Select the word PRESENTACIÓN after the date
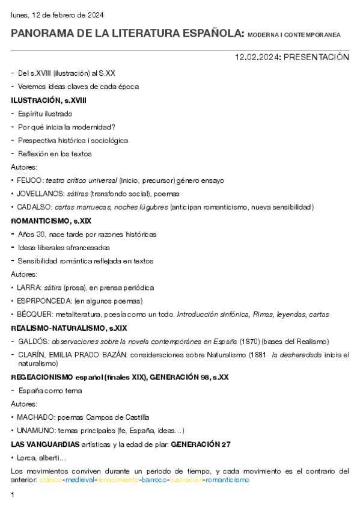pos(316,57)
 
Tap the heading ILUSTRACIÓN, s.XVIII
pos(49,100)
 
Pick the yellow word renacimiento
pos(118,481)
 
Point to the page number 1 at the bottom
pos(13,495)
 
